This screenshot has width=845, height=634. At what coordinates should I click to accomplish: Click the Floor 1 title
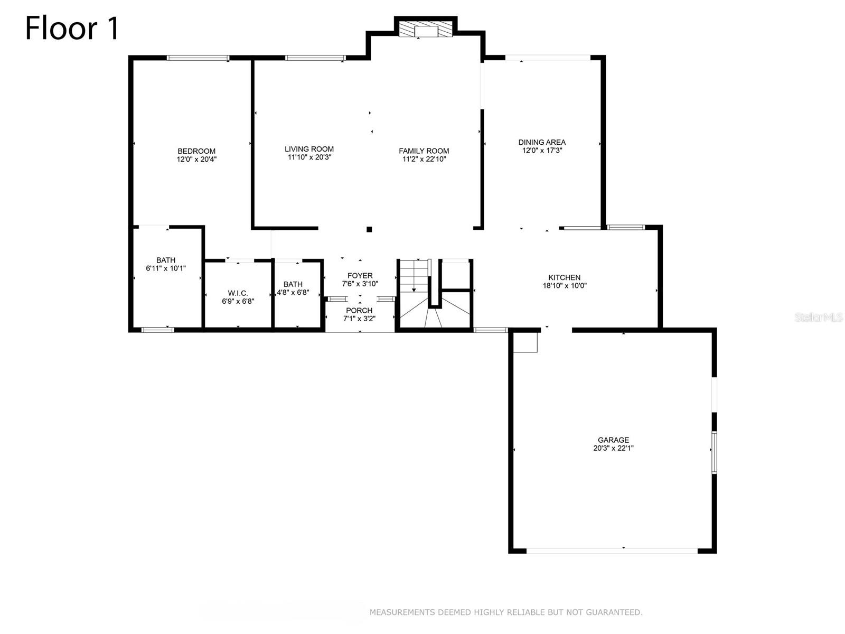(x=72, y=29)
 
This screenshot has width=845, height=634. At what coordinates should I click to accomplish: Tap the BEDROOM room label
(x=196, y=151)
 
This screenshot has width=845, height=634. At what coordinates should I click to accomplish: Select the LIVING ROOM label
(x=309, y=149)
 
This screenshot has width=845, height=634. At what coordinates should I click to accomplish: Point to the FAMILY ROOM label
(x=424, y=151)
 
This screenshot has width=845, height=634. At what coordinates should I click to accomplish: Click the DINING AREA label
(x=542, y=142)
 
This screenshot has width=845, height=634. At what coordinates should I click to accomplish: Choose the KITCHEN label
(x=564, y=277)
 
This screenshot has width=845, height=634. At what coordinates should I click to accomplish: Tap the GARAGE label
(x=613, y=440)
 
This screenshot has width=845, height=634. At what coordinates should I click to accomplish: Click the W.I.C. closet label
(x=238, y=293)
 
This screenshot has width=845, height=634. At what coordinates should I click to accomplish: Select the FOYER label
(x=360, y=276)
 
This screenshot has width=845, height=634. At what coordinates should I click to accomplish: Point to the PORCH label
(x=359, y=311)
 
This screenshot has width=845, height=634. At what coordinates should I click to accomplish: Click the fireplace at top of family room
(x=426, y=30)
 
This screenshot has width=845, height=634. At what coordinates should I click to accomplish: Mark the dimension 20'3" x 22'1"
(x=613, y=448)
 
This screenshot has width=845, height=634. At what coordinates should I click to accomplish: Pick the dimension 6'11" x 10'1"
(x=166, y=268)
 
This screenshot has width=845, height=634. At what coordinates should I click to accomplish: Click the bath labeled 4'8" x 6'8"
(x=293, y=288)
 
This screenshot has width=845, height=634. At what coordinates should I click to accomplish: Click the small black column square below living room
(x=369, y=229)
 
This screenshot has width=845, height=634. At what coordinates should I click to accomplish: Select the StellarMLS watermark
(x=818, y=318)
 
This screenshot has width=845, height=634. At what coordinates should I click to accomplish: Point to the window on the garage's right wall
(x=714, y=452)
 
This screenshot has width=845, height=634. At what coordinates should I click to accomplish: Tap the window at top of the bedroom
(x=198, y=58)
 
